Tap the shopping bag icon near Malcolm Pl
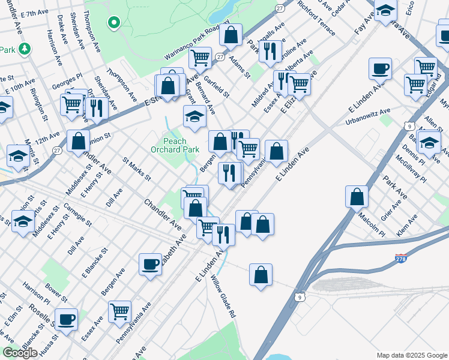click(x=357, y=196)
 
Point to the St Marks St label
click(x=136, y=169)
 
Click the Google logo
click(x=20, y=353)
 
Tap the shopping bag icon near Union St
click(x=78, y=141)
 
